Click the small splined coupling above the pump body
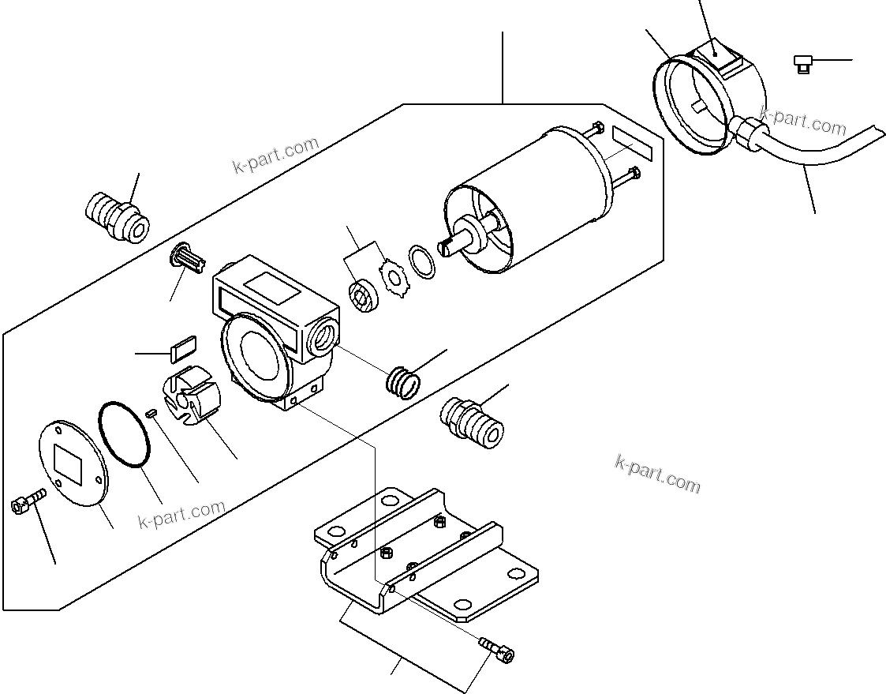click(186, 257)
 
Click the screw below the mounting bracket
click(499, 650)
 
